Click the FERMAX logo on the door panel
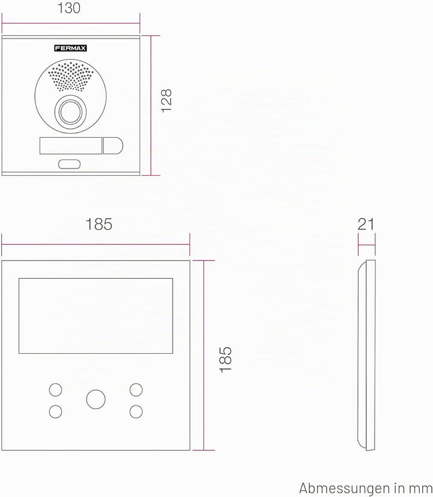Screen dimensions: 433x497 tap(70, 48)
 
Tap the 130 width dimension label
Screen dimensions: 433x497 tap(69, 8)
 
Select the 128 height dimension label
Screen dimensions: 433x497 tap(167, 101)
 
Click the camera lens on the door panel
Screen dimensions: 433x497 tap(70, 112)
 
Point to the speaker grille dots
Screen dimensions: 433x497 tap(70, 76)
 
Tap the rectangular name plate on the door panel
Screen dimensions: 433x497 tap(70, 146)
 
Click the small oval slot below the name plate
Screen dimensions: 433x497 tap(69, 164)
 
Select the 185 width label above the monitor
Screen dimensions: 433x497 tap(99, 224)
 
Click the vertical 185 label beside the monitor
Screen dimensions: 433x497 tap(226, 359)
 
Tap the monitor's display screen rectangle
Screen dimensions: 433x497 tap(96, 316)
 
